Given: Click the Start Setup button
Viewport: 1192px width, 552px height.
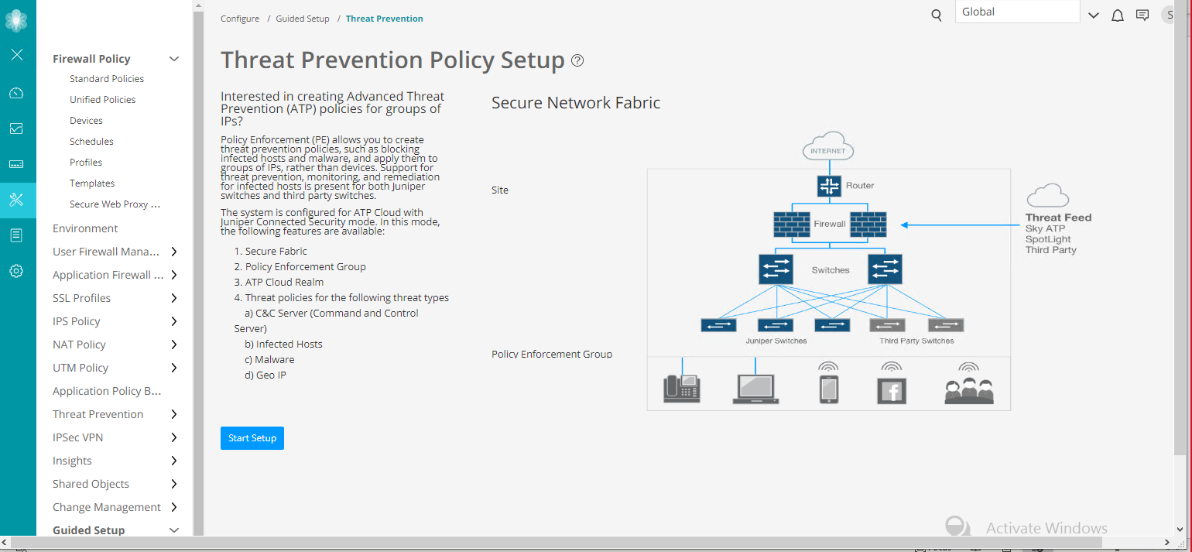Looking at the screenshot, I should click(252, 438).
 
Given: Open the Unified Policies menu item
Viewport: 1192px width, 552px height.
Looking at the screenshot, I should click(102, 100).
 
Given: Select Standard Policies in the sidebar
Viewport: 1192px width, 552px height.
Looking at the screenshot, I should click(107, 79).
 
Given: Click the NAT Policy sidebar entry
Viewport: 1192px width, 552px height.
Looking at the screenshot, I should click(79, 345).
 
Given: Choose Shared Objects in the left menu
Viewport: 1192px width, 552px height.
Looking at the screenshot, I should click(91, 484).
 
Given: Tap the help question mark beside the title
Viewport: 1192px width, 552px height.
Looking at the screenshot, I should click(577, 60).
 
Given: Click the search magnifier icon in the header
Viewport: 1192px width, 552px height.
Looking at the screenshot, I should click(937, 15).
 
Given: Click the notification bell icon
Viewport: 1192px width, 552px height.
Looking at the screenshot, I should click(1117, 15).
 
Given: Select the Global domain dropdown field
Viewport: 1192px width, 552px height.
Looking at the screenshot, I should click(1017, 12).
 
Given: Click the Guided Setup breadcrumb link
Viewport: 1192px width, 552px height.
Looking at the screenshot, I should click(303, 19).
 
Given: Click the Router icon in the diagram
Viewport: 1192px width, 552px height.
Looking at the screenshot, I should click(829, 186).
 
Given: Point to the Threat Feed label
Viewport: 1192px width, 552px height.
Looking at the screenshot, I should click(1058, 218).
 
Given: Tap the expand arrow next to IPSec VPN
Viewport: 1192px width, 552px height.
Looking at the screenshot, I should click(174, 437).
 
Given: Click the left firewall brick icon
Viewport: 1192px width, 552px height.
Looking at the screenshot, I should click(792, 224).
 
